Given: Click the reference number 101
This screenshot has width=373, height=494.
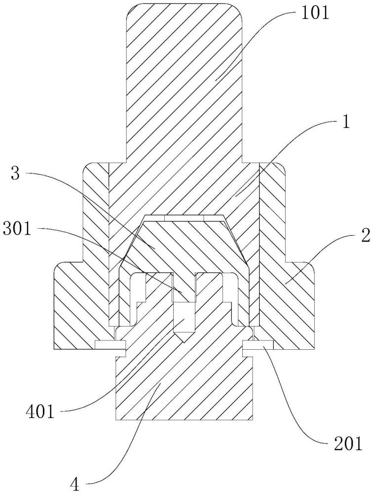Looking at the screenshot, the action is (x=315, y=13).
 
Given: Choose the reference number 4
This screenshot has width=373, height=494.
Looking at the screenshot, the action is (x=75, y=484).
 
